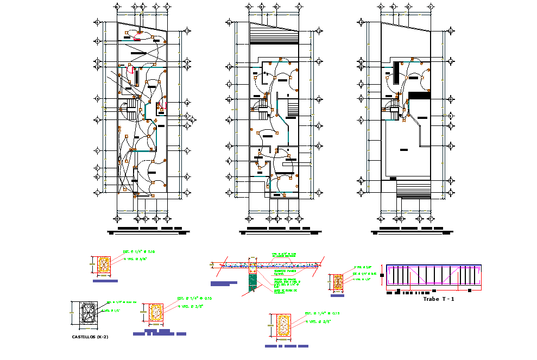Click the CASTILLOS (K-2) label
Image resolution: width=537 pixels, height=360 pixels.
(x=90, y=337)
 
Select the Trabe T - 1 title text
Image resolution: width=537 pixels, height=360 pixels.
(x=438, y=299)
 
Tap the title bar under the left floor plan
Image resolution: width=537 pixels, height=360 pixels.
(x=150, y=228)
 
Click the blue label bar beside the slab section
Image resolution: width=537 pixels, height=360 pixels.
(x=223, y=283)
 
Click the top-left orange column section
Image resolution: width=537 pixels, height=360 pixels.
(x=104, y=265)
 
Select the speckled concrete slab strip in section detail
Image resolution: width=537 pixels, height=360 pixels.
(x=266, y=265)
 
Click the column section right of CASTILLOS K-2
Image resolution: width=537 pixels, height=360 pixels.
(x=156, y=313)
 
